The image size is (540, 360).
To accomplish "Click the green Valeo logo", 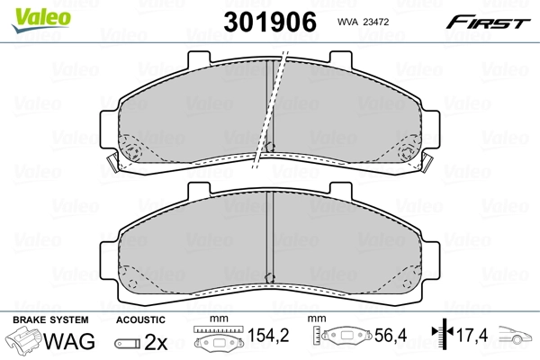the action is [x=41, y=20].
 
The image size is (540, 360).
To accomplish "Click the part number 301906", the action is [x=270, y=22].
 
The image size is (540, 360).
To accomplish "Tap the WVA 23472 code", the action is [x=363, y=22].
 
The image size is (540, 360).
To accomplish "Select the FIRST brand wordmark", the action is [x=488, y=22].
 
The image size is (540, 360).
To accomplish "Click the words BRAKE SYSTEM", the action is [x=50, y=320].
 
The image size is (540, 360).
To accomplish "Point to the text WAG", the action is [x=69, y=341].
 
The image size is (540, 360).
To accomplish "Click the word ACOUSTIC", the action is [x=140, y=320].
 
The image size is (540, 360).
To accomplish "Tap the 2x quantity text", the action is [x=156, y=342].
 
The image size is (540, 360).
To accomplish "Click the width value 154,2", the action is [x=268, y=335].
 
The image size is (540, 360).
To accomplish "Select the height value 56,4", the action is [x=391, y=335].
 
